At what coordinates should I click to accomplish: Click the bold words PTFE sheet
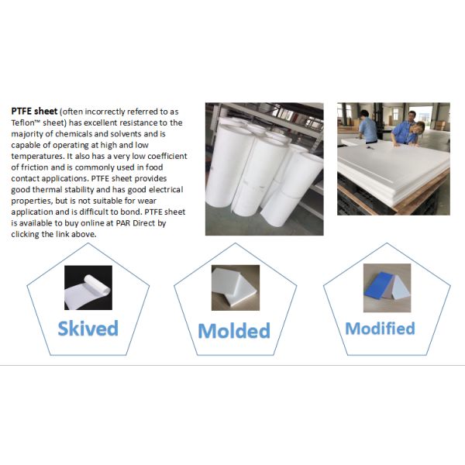pos(34,112)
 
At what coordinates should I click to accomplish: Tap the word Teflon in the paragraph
pos(22,122)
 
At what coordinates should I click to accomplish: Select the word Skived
pos(88,329)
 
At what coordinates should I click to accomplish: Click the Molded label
pos(234,330)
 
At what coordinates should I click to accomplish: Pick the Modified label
pos(381,329)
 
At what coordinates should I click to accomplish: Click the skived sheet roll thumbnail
pos(88,288)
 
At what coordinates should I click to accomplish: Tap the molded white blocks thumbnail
pos(236,288)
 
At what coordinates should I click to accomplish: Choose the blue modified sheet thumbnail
pos(387,288)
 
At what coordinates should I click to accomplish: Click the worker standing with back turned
pos(367,126)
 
